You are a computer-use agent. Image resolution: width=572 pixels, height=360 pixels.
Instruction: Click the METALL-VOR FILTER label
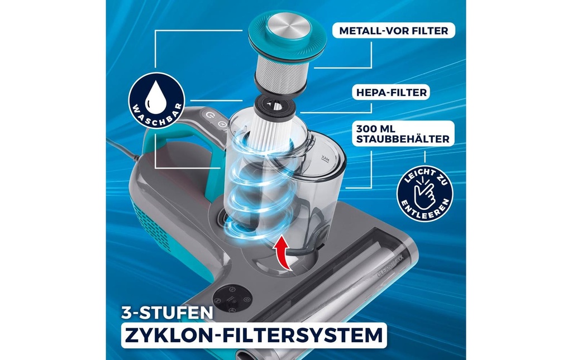click(x=394, y=31)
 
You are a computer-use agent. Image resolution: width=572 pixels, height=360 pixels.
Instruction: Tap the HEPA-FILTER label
click(x=392, y=93)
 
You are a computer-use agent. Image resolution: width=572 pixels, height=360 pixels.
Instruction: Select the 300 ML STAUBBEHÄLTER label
click(x=403, y=134)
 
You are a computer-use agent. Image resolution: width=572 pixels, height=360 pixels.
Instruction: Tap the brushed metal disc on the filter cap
click(x=288, y=26)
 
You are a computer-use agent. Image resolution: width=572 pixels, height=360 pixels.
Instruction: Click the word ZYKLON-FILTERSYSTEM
click(x=253, y=335)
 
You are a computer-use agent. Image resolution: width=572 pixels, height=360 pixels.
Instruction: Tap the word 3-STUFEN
click(x=167, y=313)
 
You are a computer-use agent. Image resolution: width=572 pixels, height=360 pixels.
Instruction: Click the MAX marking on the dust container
click(x=325, y=159)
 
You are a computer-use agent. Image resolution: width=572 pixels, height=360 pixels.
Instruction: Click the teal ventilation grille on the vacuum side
click(x=150, y=228)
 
